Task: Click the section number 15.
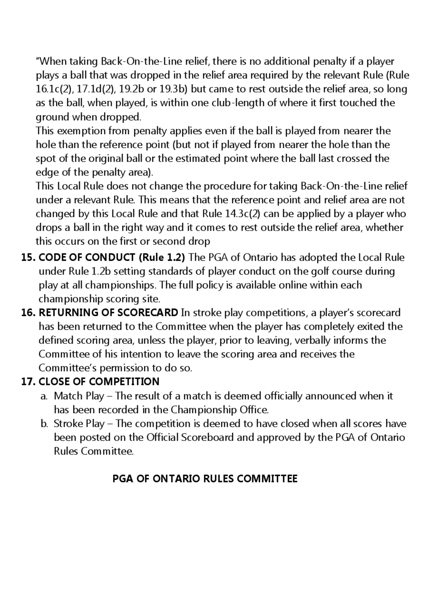28,258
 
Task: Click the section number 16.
28,313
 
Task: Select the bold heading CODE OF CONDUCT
87,258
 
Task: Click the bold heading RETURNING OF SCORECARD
108,313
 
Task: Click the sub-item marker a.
44,396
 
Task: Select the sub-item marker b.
44,424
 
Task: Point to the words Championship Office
219,410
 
